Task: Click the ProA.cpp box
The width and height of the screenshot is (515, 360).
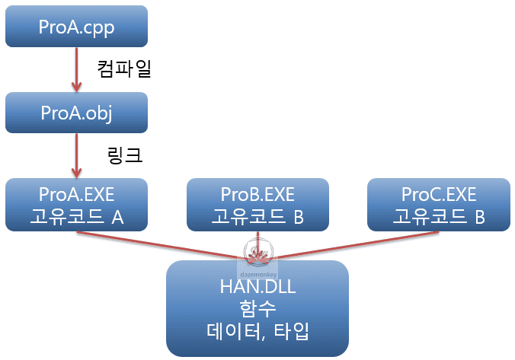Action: [x=76, y=27]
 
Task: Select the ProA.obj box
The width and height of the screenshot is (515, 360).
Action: [x=76, y=113]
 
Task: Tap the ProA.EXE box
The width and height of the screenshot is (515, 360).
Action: [x=76, y=205]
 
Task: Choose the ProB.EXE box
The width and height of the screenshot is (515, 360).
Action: [x=257, y=205]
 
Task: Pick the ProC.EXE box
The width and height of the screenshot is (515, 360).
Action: [x=438, y=205]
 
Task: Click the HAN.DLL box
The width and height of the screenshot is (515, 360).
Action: [x=257, y=308]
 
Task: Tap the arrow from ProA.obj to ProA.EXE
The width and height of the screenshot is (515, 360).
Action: [x=76, y=157]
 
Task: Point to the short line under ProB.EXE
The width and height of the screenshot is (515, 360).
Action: [x=257, y=237]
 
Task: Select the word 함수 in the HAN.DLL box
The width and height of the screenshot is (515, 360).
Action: [x=257, y=309]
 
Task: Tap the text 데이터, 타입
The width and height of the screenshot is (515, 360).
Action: [x=257, y=332]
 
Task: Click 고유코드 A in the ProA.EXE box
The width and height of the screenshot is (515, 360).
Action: [x=76, y=217]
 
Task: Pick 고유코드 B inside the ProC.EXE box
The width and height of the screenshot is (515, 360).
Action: [x=438, y=217]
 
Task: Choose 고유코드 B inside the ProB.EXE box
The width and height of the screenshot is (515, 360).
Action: [x=257, y=217]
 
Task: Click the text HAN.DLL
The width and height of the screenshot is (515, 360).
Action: [x=257, y=286]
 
